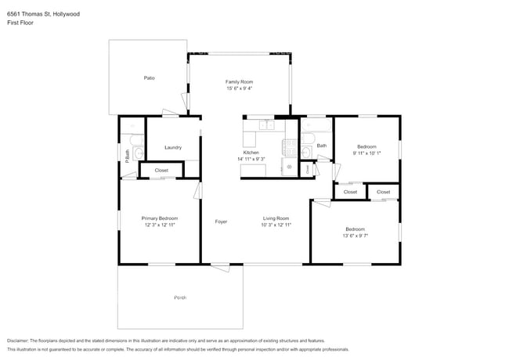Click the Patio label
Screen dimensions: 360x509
tap(149, 78)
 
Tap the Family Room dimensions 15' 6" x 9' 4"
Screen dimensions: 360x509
tap(239, 88)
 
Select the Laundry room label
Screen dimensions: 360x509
tap(173, 147)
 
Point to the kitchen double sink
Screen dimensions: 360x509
tap(267, 124)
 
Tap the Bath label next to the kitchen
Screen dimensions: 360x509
tap(321, 146)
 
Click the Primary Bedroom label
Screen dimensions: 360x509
tap(159, 218)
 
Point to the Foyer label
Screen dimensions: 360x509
tap(222, 221)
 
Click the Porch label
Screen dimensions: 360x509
tap(180, 298)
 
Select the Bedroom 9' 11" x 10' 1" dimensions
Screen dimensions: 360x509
tap(366, 153)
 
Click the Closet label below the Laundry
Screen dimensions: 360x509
tap(161, 170)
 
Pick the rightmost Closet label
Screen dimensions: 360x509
tap(383, 192)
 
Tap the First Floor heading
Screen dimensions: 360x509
tap(19, 23)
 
